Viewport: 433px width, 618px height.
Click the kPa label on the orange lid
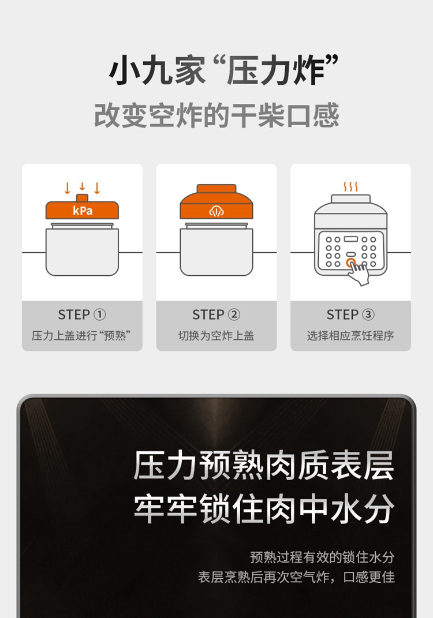click(x=83, y=211)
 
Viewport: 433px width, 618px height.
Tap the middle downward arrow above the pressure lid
click(x=82, y=186)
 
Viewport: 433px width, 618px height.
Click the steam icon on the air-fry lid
click(x=216, y=211)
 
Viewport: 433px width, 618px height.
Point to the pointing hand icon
click(x=358, y=271)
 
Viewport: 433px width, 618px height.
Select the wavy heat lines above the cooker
click(x=350, y=187)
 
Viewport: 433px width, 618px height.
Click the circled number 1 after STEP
click(x=99, y=314)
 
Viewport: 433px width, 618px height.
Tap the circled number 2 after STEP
click(x=234, y=314)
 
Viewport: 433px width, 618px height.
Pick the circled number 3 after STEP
click(x=368, y=314)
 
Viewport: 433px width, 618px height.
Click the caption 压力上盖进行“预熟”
click(x=81, y=335)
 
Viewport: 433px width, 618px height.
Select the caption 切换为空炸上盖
click(x=216, y=335)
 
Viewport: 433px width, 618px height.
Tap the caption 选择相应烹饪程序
click(x=350, y=335)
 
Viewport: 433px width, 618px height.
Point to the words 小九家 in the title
click(x=157, y=71)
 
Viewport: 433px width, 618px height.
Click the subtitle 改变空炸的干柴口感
click(x=216, y=115)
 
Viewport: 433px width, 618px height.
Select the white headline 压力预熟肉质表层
click(x=264, y=466)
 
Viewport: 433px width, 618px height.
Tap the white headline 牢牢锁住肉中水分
click(x=264, y=509)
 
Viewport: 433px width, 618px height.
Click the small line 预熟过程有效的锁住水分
click(x=322, y=557)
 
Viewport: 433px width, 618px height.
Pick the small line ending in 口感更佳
click(x=296, y=577)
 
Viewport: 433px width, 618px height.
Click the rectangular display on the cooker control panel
click(x=350, y=239)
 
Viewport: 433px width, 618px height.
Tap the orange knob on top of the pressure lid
click(x=82, y=197)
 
